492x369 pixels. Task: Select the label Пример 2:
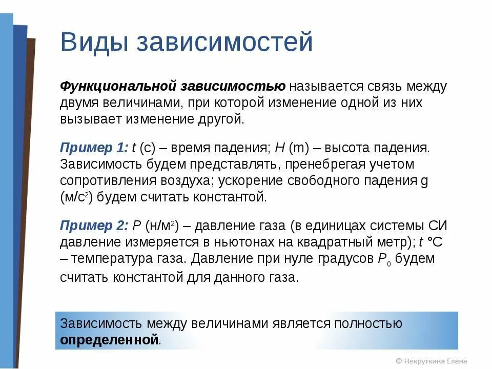coord(94,225)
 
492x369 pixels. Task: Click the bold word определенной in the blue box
coord(110,339)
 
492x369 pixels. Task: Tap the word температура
coord(112,258)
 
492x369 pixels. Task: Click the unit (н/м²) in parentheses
coord(161,225)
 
